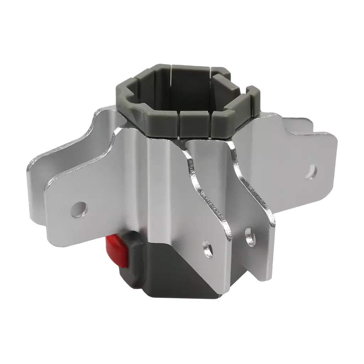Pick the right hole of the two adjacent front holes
pos(251,236)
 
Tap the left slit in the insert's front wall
pos(179,124)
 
